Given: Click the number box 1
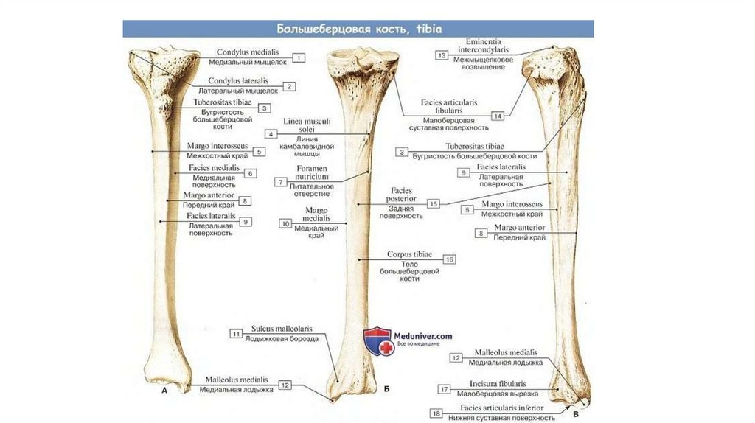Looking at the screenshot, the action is coord(299,57).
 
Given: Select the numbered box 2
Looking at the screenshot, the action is coord(290,86).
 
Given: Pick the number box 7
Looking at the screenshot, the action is coord(280,181).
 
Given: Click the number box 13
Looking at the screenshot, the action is coord(442,55).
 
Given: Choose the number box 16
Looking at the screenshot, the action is coord(449,259).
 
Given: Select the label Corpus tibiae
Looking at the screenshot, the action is coord(409,254).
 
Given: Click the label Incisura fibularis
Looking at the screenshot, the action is coord(498,384).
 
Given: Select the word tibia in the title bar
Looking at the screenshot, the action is coord(427,29).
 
